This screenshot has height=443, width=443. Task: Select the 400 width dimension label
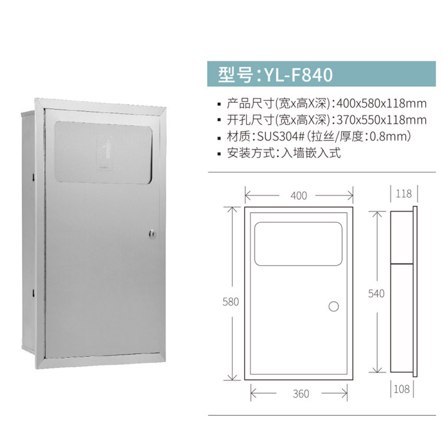pos(299,196)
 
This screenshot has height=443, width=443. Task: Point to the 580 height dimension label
pos(231,302)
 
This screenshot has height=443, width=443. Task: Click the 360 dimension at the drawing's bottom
pos(301,393)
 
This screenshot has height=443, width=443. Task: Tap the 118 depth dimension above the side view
pos(404,194)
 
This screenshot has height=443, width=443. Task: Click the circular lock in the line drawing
pos(333,307)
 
